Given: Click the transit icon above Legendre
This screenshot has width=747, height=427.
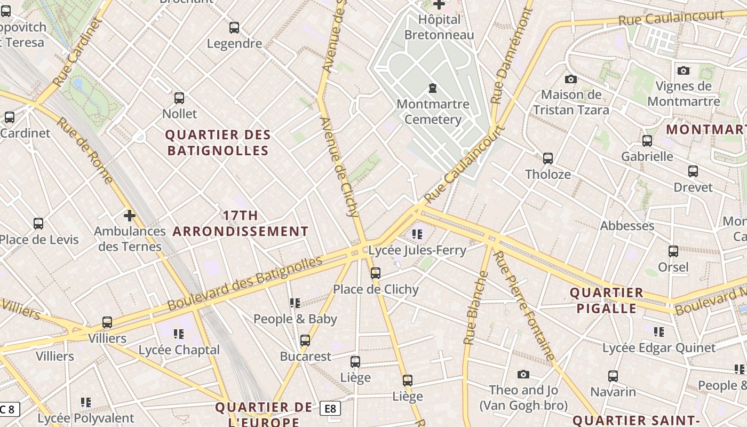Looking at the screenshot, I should (234, 28).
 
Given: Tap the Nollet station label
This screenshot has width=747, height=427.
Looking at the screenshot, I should (179, 114).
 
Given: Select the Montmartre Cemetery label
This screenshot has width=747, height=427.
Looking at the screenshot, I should (433, 112).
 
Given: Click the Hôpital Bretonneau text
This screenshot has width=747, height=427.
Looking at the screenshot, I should (439, 27).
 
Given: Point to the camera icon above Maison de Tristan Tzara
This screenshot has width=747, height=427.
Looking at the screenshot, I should (570, 80).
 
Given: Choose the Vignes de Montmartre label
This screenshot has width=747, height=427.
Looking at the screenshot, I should (684, 93).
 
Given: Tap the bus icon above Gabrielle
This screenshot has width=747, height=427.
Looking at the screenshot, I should (647, 141).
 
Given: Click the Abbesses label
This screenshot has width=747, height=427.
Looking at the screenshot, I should (627, 226).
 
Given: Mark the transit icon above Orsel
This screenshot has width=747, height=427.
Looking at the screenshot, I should (673, 251).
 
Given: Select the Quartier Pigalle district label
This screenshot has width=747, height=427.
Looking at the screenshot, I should (607, 301).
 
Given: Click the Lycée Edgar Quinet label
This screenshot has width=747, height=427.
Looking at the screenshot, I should (659, 348).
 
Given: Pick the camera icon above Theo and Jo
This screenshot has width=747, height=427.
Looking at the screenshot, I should (523, 375).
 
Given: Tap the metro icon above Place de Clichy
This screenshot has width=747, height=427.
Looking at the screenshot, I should (376, 273).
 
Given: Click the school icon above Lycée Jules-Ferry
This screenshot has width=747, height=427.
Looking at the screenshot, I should (417, 234).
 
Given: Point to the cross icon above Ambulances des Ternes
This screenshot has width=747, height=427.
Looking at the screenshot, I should (129, 216).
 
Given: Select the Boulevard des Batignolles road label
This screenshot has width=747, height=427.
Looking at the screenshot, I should (245, 283).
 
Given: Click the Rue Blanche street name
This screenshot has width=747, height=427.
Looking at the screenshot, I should (476, 308).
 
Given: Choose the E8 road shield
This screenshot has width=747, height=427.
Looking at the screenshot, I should (330, 409).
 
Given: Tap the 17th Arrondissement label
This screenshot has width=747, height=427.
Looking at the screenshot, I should (240, 224).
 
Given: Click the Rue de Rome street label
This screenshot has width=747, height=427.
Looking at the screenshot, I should (85, 151).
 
